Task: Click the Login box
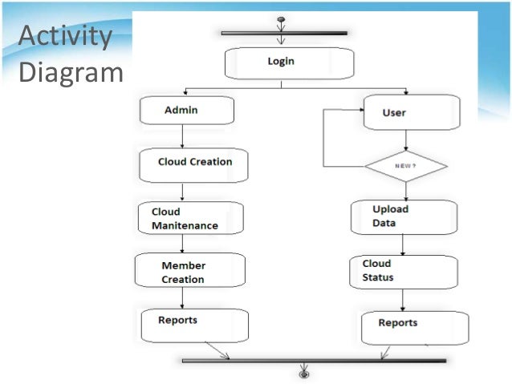[x=289, y=63]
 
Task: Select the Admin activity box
[x=186, y=110]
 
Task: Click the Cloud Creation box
[x=193, y=164]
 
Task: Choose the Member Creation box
[x=190, y=271]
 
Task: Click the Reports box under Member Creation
[x=194, y=325]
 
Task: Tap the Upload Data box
[x=404, y=216]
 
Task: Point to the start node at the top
[x=281, y=19]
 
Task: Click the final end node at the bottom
[x=304, y=373]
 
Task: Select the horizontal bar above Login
[x=284, y=34]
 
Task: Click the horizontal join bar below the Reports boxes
[x=313, y=361]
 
